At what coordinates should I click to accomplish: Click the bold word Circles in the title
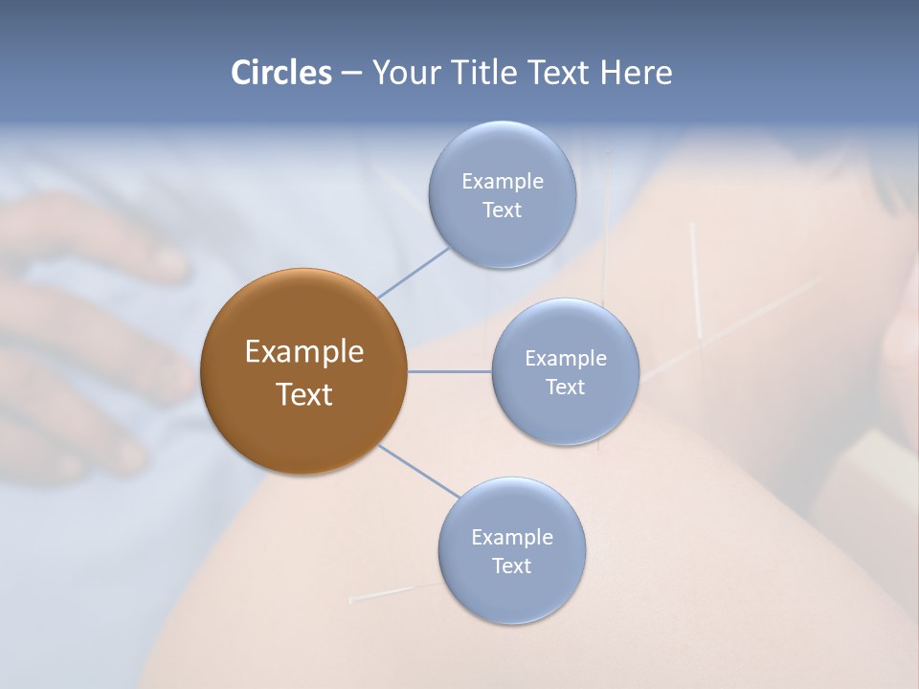point(280,73)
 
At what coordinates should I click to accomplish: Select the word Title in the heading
point(487,73)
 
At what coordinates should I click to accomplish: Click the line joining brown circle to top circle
point(414,272)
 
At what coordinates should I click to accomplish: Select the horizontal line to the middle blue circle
point(449,371)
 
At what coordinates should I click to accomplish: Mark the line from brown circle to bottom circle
point(418,472)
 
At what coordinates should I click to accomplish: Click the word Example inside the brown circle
point(304,352)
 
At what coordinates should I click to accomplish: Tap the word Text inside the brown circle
point(304,394)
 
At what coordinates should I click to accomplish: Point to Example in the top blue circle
point(502,181)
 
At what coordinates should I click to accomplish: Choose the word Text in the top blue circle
point(502,210)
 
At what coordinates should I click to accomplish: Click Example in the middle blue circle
point(565,358)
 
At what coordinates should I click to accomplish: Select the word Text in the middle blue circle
point(565,387)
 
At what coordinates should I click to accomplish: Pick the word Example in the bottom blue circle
point(511,537)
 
